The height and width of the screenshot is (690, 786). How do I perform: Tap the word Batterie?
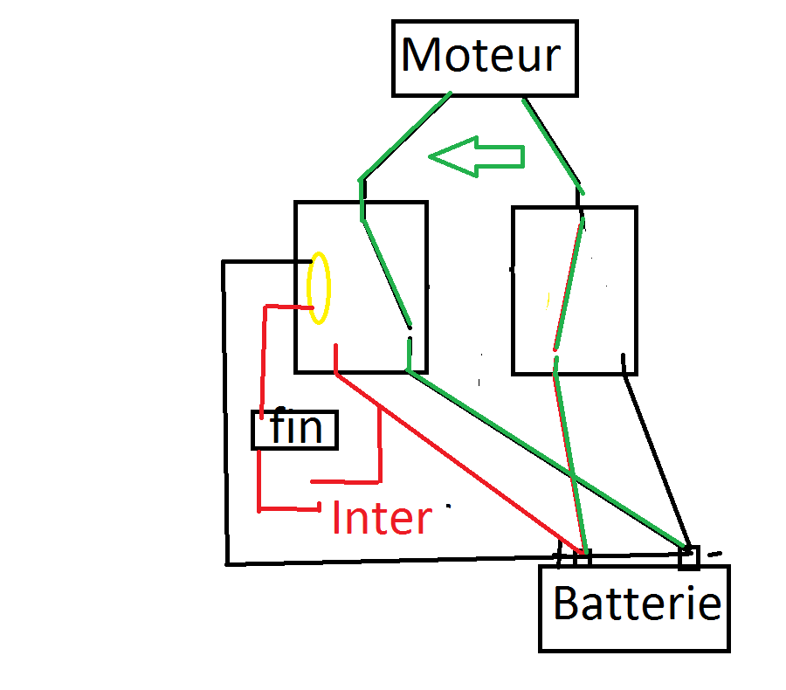[x=638, y=604]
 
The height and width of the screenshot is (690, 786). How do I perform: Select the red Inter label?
[x=382, y=518]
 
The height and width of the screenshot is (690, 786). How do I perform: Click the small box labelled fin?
[x=295, y=430]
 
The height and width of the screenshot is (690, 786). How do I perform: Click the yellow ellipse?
[x=320, y=287]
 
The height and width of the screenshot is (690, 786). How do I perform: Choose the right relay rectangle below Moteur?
[x=574, y=291]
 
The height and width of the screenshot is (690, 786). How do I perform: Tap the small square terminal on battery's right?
[x=689, y=556]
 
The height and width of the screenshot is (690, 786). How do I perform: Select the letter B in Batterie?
[x=566, y=604]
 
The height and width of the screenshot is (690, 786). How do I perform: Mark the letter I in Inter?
[x=337, y=518]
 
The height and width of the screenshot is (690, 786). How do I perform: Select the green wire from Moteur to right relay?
[x=552, y=144]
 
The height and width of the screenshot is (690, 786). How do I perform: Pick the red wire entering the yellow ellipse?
[x=288, y=307]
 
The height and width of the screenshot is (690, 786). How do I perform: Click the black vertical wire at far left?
[x=224, y=411]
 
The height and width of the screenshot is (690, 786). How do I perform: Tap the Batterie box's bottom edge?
[x=634, y=651]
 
